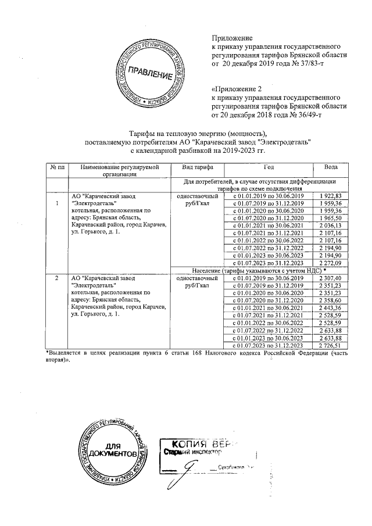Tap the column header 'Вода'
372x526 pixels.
[x=330, y=167]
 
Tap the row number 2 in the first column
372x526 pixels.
[x=56, y=278]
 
